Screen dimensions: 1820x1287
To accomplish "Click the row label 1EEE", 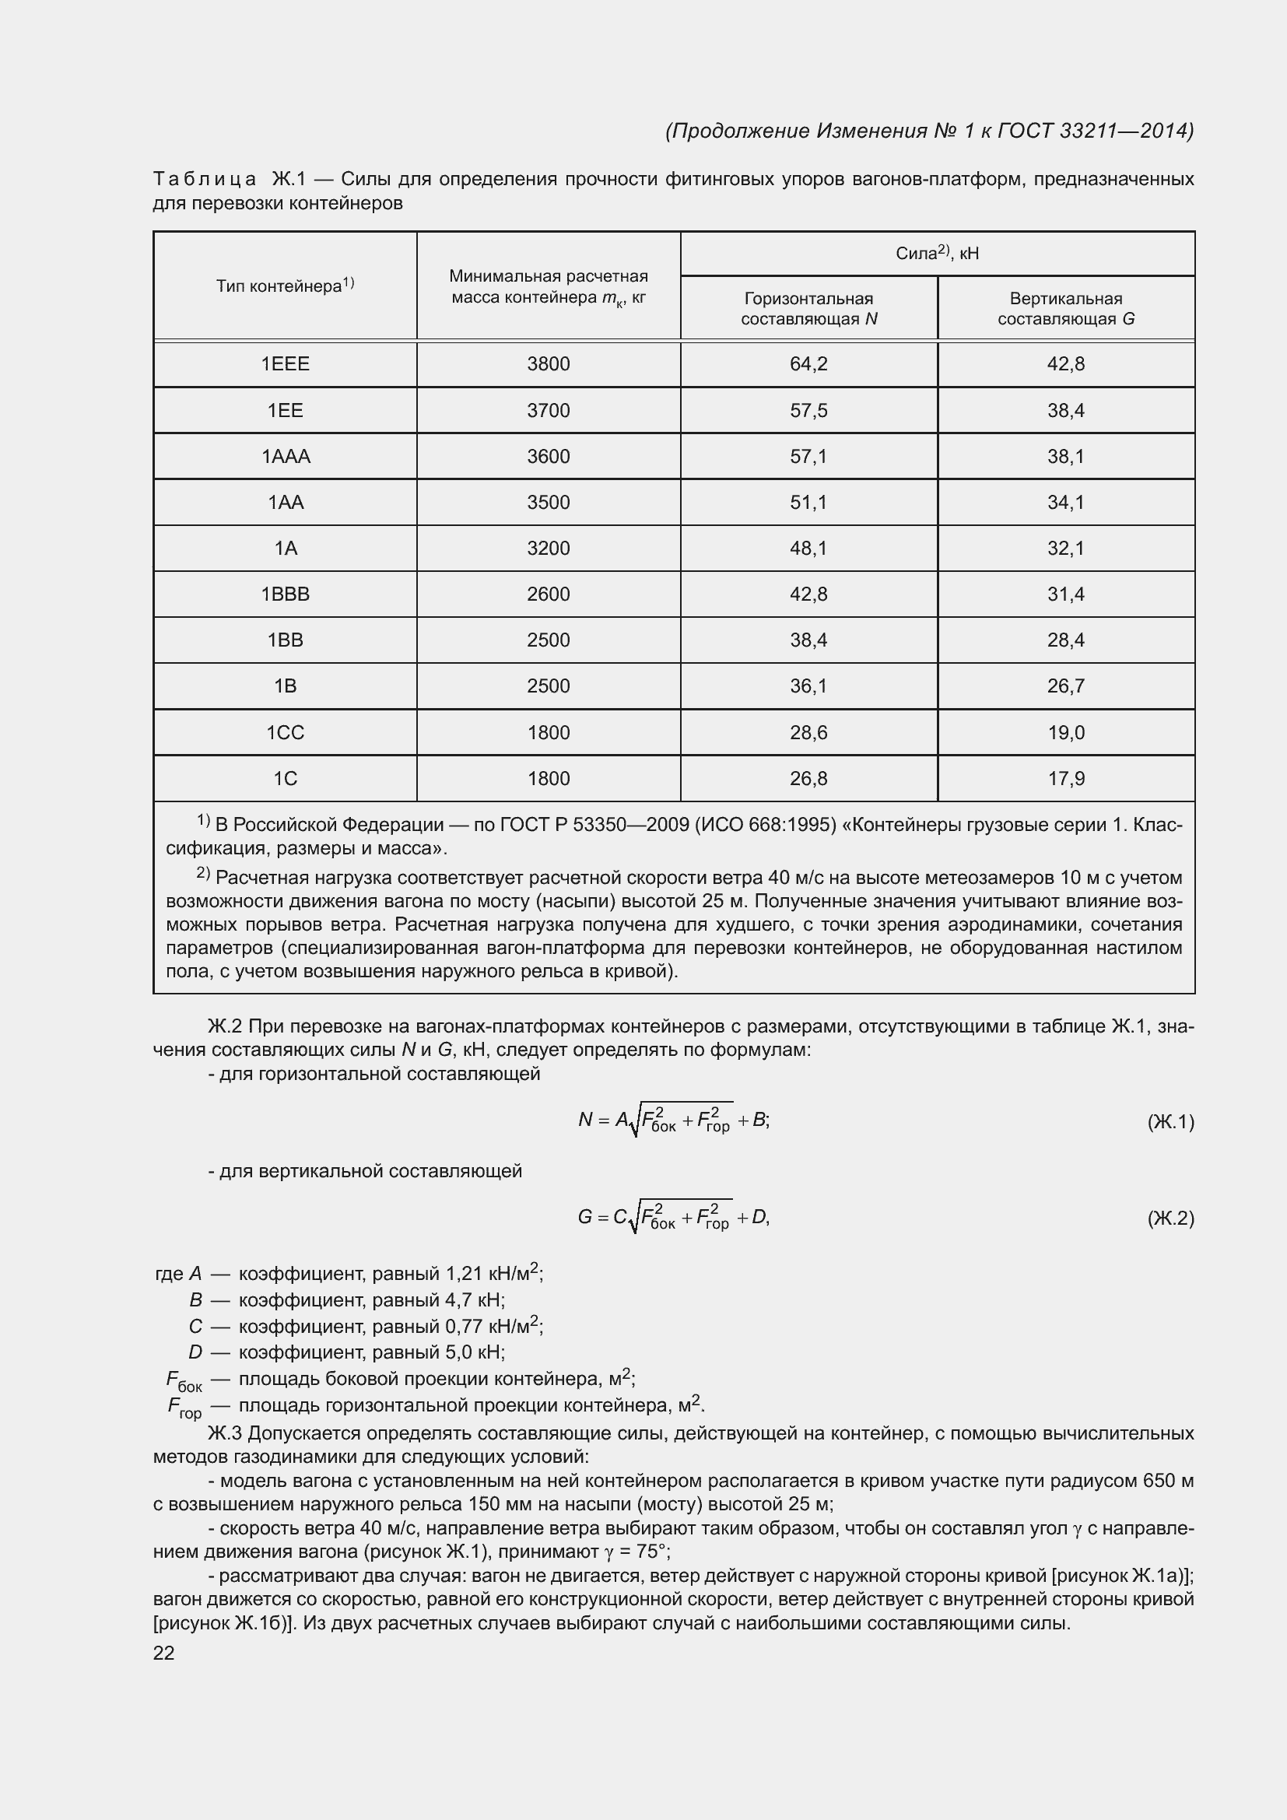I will (286, 364).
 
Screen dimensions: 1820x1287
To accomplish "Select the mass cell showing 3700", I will (549, 411).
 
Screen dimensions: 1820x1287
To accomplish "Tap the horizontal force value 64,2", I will (808, 364).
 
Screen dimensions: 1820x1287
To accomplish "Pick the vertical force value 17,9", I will (1066, 778).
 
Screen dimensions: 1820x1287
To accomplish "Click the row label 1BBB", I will (286, 594).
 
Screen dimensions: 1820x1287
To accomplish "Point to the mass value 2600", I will (549, 594).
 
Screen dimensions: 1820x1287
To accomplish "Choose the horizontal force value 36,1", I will (808, 686).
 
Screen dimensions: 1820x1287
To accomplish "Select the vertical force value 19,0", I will (1066, 732).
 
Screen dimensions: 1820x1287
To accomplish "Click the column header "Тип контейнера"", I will (285, 286).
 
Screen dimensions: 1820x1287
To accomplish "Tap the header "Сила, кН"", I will (938, 253).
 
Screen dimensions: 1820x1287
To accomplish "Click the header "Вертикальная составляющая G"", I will (1066, 309).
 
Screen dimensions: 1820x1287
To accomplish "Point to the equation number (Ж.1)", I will (1170, 1122).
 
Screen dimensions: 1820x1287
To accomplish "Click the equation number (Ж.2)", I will (1170, 1218).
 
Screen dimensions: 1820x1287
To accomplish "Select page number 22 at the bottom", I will (164, 1653).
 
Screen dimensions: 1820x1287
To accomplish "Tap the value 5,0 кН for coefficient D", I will (474, 1352).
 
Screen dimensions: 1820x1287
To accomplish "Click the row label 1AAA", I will (286, 457).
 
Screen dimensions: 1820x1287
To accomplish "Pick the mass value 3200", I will (549, 549).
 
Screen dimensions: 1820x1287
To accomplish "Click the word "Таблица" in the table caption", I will (205, 180).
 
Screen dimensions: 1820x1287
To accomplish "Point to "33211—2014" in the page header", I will (1125, 131).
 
